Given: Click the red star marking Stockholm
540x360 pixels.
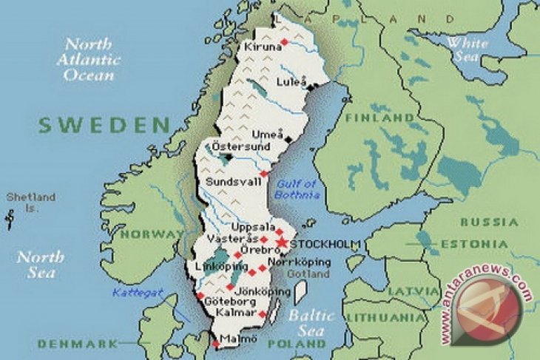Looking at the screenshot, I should pyautogui.click(x=281, y=242).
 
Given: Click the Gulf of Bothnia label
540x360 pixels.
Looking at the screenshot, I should pyautogui.click(x=296, y=189).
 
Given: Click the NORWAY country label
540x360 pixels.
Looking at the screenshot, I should pyautogui.click(x=152, y=234).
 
